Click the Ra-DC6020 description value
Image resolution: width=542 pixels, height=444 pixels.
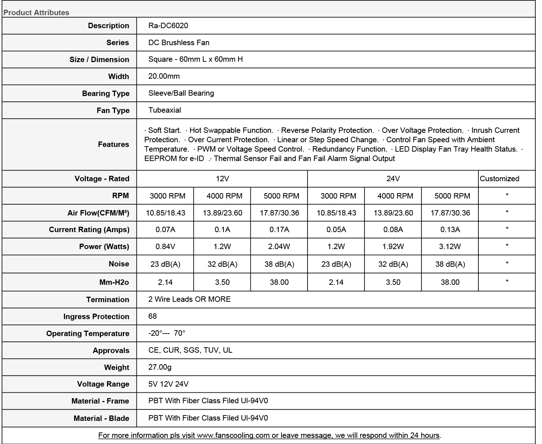coord(168,26)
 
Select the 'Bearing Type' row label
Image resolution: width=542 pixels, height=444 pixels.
coord(106,93)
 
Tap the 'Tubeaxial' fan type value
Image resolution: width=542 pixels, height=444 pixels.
coord(164,110)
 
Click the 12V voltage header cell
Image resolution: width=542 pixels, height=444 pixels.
coord(222,179)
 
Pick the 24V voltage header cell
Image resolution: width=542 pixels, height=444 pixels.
coord(393,179)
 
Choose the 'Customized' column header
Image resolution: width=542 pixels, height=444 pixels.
coord(499,179)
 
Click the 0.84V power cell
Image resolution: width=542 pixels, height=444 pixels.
coord(165,247)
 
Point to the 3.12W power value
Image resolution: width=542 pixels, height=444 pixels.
coord(450,247)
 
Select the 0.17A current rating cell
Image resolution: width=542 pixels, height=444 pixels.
coord(279,230)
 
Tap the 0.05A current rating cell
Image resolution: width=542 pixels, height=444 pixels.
coord(336,230)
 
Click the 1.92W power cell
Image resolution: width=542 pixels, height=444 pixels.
coord(393,247)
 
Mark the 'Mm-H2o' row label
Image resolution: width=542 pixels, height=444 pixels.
coord(114,282)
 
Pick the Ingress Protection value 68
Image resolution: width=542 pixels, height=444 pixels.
coord(152,316)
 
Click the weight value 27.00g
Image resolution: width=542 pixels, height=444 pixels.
coord(160,367)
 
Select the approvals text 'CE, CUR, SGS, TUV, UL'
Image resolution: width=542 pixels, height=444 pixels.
coord(190,350)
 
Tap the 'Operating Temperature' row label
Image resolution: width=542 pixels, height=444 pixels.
coord(88,334)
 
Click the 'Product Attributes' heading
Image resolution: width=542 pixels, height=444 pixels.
coord(36,13)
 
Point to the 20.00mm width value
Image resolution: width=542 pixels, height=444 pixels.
coord(164,76)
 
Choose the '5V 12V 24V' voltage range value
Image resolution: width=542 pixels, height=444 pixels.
coord(168,384)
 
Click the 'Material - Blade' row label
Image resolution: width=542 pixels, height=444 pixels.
coord(101,418)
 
